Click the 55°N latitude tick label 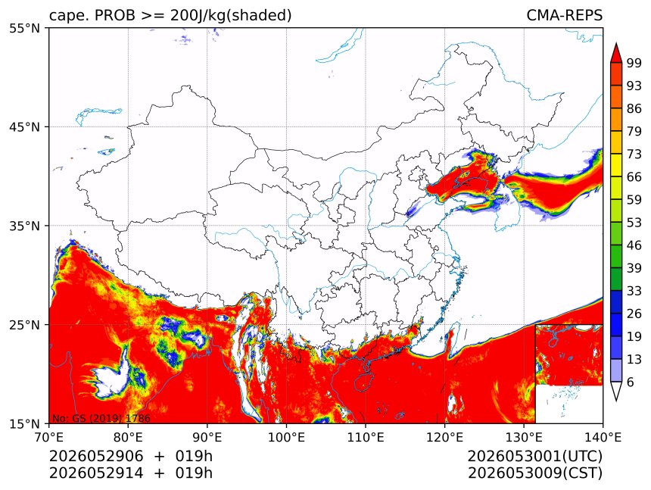click(24, 28)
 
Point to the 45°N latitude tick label click(24, 126)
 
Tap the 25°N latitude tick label click(24, 324)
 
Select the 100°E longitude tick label click(286, 437)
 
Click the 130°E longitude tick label click(524, 437)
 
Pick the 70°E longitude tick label click(49, 437)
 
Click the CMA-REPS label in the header click(564, 15)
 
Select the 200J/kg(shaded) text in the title click(231, 16)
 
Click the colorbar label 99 click(634, 63)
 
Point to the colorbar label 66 click(634, 177)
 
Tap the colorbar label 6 click(631, 382)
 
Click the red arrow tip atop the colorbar click(615, 44)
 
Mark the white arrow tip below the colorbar click(615, 400)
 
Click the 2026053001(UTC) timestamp click(534, 456)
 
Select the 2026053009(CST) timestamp click(534, 473)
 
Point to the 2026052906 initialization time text click(96, 456)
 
